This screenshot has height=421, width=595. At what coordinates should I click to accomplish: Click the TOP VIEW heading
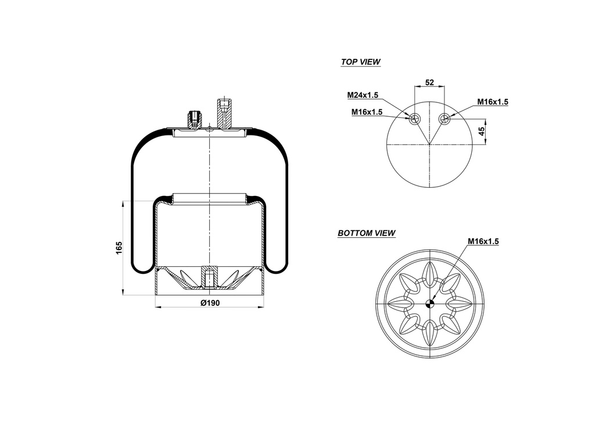[x=360, y=62]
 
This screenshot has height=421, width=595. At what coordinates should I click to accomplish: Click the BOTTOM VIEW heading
[x=366, y=233]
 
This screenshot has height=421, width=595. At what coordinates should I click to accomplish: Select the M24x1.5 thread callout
[x=363, y=95]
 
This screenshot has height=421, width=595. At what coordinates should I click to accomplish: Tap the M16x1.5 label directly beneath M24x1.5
[x=367, y=112]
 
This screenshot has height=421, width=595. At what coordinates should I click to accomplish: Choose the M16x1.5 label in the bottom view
[x=483, y=241]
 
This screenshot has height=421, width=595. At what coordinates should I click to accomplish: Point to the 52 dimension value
[x=429, y=83]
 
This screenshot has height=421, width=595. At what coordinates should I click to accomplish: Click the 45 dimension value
[x=481, y=131]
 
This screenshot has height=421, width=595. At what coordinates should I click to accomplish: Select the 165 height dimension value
[x=119, y=247]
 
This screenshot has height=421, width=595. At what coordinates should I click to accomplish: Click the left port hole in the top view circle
[x=414, y=119]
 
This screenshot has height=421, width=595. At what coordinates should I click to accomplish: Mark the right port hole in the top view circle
[x=445, y=119]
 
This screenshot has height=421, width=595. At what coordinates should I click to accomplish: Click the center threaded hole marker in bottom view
[x=430, y=302]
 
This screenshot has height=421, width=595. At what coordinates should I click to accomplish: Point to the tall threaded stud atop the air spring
[x=224, y=114]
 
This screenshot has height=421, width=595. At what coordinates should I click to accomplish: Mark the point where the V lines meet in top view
[x=429, y=143]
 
